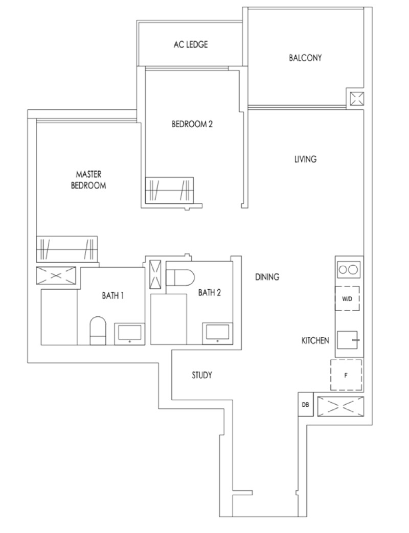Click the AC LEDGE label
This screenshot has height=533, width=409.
pos(190,44)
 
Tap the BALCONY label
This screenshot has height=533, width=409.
pos(305,58)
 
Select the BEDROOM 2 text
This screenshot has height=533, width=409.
pos(192,124)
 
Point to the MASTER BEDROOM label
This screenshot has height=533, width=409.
pos(88,180)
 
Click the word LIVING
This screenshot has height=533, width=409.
pos(305,159)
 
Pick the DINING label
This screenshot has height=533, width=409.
pos(267,277)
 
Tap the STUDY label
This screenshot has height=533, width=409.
pos(202,375)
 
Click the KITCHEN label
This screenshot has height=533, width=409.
pos(315,340)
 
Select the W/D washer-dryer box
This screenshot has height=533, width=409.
pos(347,298)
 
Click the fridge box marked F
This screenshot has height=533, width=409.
pos(346,375)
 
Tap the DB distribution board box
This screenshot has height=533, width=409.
pos(305,405)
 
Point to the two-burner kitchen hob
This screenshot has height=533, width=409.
pos(348,270)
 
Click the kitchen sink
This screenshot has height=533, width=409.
pos(348,340)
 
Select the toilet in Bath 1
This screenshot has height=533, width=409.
pos(98,331)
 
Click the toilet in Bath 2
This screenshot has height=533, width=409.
pos(180,277)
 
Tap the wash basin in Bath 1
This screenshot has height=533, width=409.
pos(129,334)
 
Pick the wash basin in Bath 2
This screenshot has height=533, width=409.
pos(218,334)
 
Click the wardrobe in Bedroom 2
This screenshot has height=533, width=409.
pos(169,190)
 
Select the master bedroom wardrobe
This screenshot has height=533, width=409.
pos(67,249)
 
